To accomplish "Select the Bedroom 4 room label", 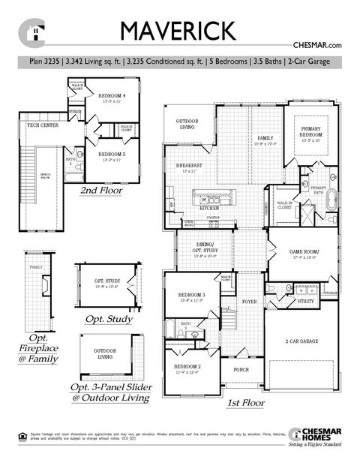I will click(x=112, y=98).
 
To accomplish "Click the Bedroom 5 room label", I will click(x=112, y=155).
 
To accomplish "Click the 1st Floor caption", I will click(x=245, y=403).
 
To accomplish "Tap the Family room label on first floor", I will click(x=265, y=139).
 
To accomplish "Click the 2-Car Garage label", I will click(x=300, y=341).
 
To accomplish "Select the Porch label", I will click(x=241, y=370).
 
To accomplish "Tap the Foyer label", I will click(x=249, y=302).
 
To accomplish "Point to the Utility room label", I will click(x=305, y=301).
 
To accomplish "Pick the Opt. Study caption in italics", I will click(x=108, y=320).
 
